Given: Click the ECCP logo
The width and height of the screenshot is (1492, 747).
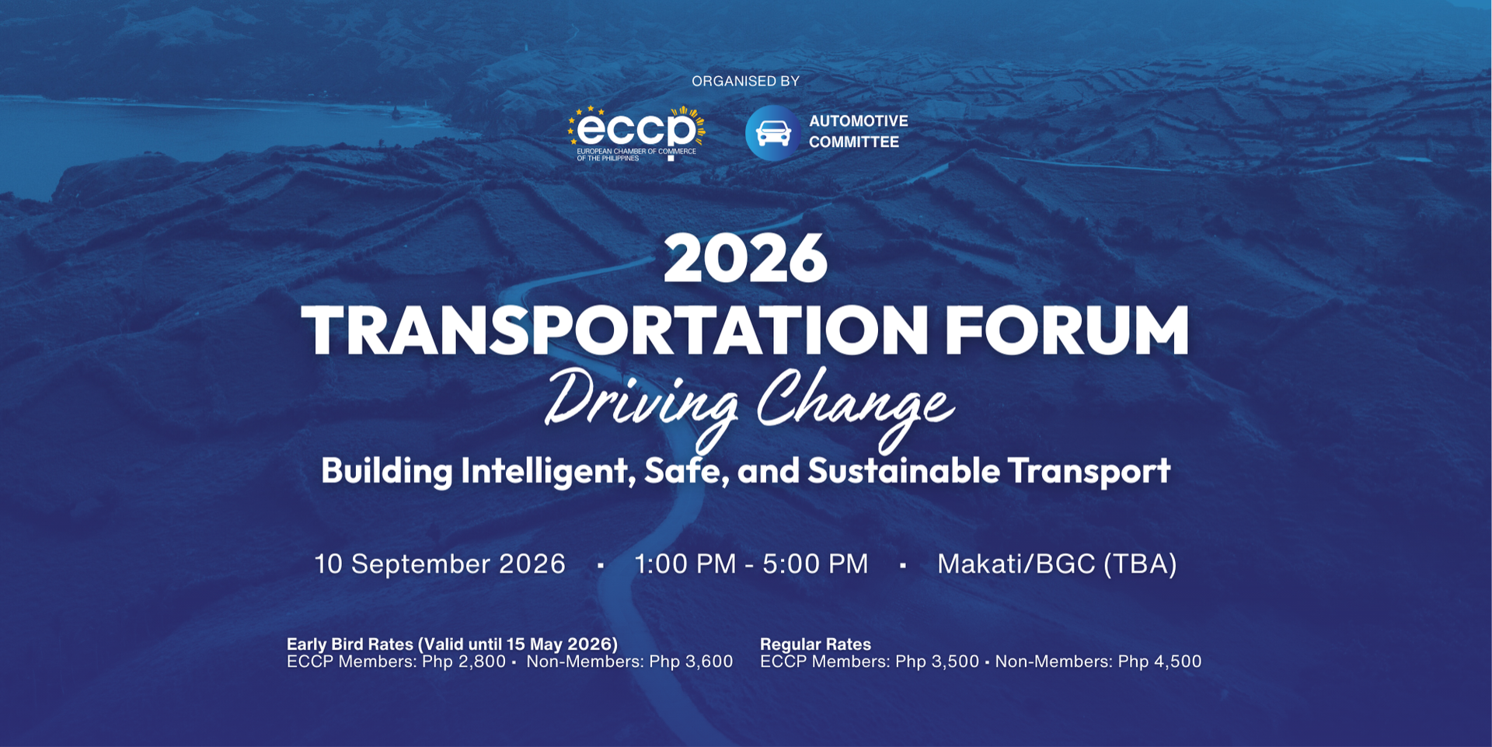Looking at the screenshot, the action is coord(636,134).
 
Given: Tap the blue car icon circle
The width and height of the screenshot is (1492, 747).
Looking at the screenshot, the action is coord(773,133).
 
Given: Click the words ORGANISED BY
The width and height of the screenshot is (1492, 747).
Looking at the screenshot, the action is coord(745,81).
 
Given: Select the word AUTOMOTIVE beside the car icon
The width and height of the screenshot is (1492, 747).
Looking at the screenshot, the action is coord(859,121).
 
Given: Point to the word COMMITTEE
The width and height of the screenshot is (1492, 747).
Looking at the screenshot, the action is coord(854,142).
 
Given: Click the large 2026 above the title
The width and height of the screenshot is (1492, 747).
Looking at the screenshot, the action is coord(745,259).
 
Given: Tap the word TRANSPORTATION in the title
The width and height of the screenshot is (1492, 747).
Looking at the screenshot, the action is coord(615,330).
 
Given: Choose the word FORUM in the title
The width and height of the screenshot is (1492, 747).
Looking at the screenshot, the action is coord(1067,330).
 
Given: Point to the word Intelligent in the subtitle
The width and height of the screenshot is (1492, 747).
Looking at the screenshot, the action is coord(549,472).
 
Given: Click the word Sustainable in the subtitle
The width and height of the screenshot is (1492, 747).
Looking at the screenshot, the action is coord(904,471).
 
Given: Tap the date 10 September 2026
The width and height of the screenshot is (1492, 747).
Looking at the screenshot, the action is coord(440,564).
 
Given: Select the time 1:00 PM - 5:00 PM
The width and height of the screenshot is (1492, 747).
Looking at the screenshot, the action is coord(751,564).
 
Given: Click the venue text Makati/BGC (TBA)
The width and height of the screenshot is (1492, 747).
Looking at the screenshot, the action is coord(1057,564).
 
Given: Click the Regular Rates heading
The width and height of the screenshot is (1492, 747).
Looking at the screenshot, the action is coord(815,644).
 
